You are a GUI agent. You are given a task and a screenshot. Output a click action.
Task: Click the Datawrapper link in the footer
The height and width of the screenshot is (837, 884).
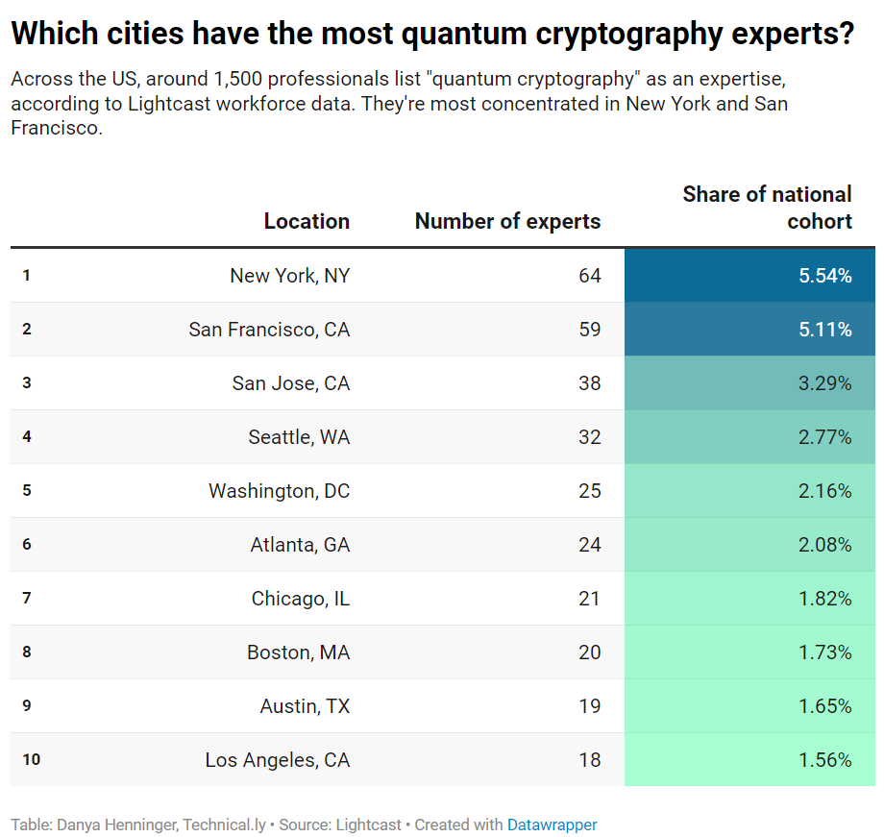coord(552,825)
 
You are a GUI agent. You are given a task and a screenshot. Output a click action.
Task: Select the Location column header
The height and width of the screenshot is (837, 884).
coord(307,221)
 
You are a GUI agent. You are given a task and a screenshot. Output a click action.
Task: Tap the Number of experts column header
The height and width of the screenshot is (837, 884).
coord(507,221)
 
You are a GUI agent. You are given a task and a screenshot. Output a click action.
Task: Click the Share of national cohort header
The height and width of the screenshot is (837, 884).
coord(767,208)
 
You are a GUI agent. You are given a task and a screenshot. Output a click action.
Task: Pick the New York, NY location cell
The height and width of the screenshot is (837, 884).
coord(289,276)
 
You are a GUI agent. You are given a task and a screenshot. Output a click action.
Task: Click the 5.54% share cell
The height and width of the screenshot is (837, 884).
coord(824,276)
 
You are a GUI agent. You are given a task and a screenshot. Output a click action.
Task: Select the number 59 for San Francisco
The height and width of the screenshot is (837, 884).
coord(589,330)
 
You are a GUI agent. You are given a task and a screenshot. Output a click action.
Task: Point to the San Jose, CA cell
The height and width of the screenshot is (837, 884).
coord(290,383)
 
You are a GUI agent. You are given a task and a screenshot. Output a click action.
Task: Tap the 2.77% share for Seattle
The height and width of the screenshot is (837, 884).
coord(824,437)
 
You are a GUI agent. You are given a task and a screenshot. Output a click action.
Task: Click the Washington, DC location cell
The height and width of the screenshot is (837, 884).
coord(279,491)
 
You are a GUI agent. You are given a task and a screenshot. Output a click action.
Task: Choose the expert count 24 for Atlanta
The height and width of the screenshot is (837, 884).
coord(589,545)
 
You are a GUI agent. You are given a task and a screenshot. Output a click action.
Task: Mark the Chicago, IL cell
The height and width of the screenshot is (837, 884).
coord(300,599)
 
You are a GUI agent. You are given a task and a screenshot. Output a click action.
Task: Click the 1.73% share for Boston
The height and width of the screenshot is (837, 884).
coord(824,652)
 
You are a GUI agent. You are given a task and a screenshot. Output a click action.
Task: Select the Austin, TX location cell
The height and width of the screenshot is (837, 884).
coord(305,706)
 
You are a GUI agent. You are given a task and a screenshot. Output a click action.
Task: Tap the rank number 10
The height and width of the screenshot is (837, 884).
coord(31,760)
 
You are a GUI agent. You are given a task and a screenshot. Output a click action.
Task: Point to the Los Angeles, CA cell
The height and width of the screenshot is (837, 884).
coord(277,760)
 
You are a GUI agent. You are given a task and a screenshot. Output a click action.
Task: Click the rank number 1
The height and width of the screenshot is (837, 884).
coord(27,276)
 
